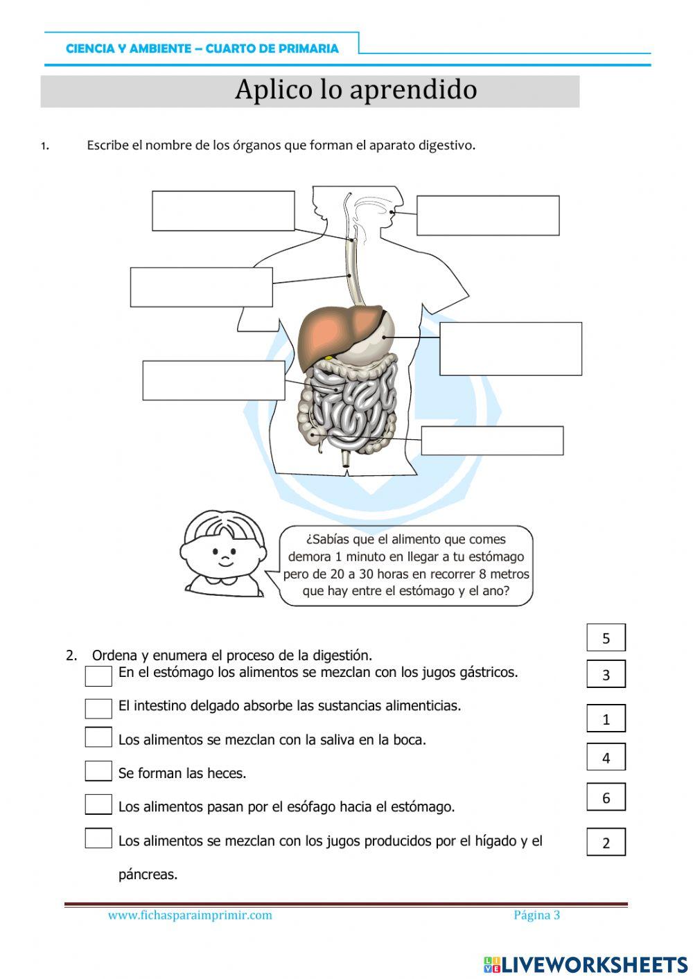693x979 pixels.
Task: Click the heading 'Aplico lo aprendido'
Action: click(356, 90)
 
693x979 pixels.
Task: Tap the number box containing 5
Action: click(606, 638)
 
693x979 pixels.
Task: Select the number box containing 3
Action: click(606, 674)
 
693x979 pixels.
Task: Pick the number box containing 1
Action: click(606, 719)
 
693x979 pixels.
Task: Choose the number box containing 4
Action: click(606, 757)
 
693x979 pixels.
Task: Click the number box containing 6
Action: click(606, 797)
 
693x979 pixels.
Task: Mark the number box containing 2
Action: click(606, 843)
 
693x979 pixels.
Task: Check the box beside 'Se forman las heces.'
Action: click(98, 771)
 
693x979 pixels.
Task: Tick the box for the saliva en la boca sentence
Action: click(98, 737)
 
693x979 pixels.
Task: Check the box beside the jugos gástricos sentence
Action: click(98, 676)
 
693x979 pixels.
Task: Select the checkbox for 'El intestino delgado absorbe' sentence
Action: click(98, 708)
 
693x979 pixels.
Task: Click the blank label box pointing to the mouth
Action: click(488, 215)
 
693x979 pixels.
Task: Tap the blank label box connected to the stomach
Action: click(510, 349)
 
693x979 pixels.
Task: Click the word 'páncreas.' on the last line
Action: click(148, 874)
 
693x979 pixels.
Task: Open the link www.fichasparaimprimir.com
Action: click(190, 915)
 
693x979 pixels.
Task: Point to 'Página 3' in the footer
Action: click(536, 915)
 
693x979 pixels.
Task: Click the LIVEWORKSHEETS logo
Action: click(586, 964)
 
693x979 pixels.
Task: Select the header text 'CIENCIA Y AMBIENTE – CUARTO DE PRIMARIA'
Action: click(202, 48)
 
